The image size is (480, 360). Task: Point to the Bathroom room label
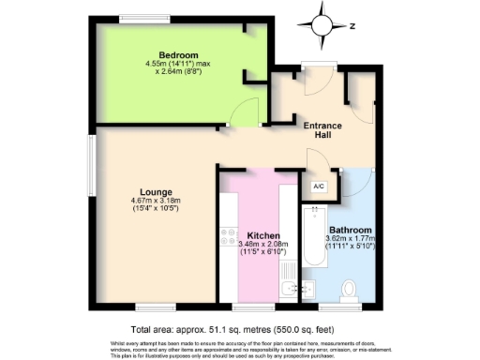point(351,230)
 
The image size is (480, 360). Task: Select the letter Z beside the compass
point(352,26)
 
